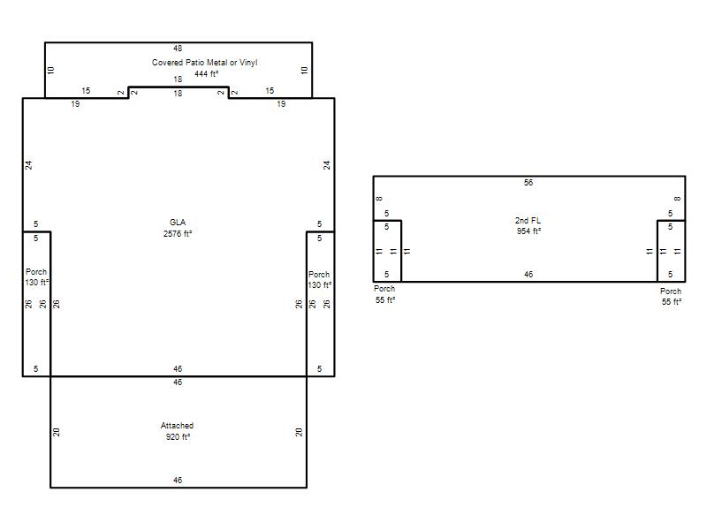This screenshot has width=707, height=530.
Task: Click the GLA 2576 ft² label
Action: (x=178, y=228)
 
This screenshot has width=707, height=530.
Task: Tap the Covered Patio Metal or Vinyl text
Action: (x=205, y=63)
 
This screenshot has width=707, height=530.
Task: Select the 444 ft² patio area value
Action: (x=207, y=74)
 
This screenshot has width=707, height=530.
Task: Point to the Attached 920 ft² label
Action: (x=178, y=431)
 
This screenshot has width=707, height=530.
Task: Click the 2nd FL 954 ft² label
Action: (x=528, y=226)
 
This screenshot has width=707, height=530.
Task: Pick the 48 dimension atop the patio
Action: (x=178, y=49)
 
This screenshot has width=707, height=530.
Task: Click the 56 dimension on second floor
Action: (x=528, y=183)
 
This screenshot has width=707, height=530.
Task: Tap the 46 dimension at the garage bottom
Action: (x=178, y=481)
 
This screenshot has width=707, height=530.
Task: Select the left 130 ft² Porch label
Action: (x=36, y=277)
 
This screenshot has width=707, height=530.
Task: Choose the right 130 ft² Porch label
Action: (x=320, y=280)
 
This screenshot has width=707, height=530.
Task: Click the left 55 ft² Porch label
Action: (x=384, y=294)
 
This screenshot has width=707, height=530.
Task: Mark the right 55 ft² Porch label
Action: (x=671, y=297)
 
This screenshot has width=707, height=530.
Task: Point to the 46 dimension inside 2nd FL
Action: (x=528, y=275)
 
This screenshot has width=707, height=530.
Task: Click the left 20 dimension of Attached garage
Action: (x=56, y=432)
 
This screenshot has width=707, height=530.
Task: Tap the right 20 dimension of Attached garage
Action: (x=299, y=432)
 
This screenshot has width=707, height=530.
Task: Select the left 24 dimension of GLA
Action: (x=29, y=165)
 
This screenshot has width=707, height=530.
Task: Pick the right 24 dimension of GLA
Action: (x=326, y=165)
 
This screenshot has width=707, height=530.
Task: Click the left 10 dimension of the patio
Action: (x=51, y=71)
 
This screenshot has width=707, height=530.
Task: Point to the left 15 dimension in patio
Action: (x=86, y=91)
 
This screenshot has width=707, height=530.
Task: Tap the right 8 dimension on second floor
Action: (x=677, y=199)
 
